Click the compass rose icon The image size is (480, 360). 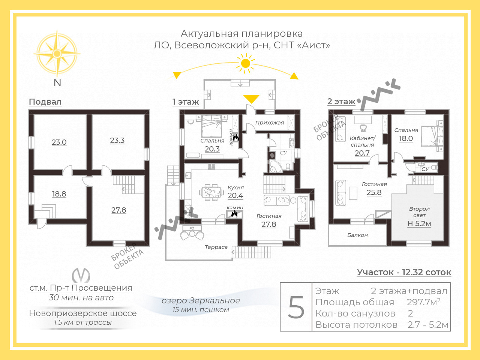[57, 53]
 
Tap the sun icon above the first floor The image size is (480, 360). [245, 63]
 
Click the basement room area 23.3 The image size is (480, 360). [117, 140]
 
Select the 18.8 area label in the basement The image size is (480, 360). [59, 194]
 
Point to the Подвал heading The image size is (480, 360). [45, 102]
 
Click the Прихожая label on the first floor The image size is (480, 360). [270, 123]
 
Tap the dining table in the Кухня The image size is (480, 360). [211, 192]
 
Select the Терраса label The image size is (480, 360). [216, 247]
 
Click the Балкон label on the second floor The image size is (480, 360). [357, 235]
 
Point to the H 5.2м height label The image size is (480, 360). [419, 223]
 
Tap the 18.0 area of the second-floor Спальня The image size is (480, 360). [406, 139]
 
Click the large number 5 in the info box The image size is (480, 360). [296, 307]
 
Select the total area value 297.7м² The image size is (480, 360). [423, 302]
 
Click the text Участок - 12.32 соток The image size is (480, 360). [404, 272]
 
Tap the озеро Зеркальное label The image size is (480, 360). [201, 300]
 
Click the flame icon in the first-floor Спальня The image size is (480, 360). [236, 138]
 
